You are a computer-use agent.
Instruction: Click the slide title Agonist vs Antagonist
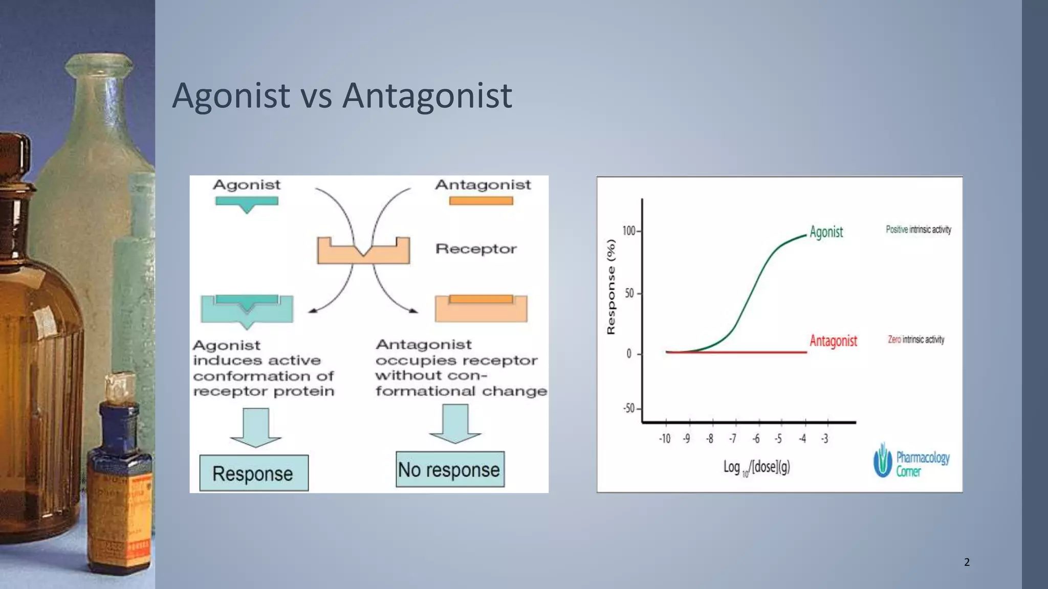(342, 96)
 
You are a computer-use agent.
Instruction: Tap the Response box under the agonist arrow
(254, 473)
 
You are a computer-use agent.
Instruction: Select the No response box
(450, 469)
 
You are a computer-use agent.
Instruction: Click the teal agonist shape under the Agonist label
(247, 202)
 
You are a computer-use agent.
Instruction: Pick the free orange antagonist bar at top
(481, 201)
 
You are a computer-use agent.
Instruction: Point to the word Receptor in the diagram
(475, 249)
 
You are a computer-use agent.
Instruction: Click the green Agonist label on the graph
(826, 232)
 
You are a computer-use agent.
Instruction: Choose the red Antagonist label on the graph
(833, 341)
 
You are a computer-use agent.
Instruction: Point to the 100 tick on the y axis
(629, 231)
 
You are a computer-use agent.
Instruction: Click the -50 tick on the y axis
(629, 409)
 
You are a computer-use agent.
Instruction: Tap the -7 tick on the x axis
(733, 439)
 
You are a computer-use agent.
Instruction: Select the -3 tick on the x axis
(824, 439)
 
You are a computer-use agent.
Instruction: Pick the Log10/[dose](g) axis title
(756, 467)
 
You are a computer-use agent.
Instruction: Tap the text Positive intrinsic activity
(918, 230)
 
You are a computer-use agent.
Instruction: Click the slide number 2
(967, 562)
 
